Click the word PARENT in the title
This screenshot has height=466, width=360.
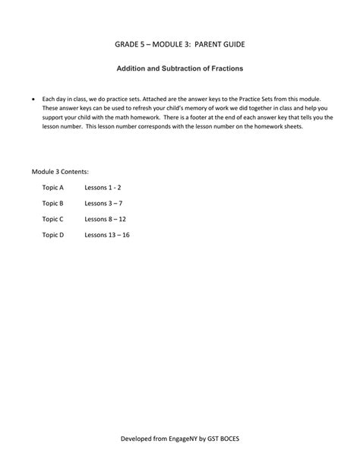[x=203, y=45]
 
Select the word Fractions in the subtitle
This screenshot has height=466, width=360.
[x=224, y=68]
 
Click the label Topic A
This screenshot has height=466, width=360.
[x=53, y=186]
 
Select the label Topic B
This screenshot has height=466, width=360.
[x=53, y=203]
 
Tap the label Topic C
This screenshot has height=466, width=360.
[x=53, y=219]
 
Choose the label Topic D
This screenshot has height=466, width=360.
[x=53, y=235]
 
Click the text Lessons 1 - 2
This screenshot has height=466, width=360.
[x=103, y=186]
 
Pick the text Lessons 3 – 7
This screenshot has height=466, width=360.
[x=103, y=203]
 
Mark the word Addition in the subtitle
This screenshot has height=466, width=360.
[x=130, y=68]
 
